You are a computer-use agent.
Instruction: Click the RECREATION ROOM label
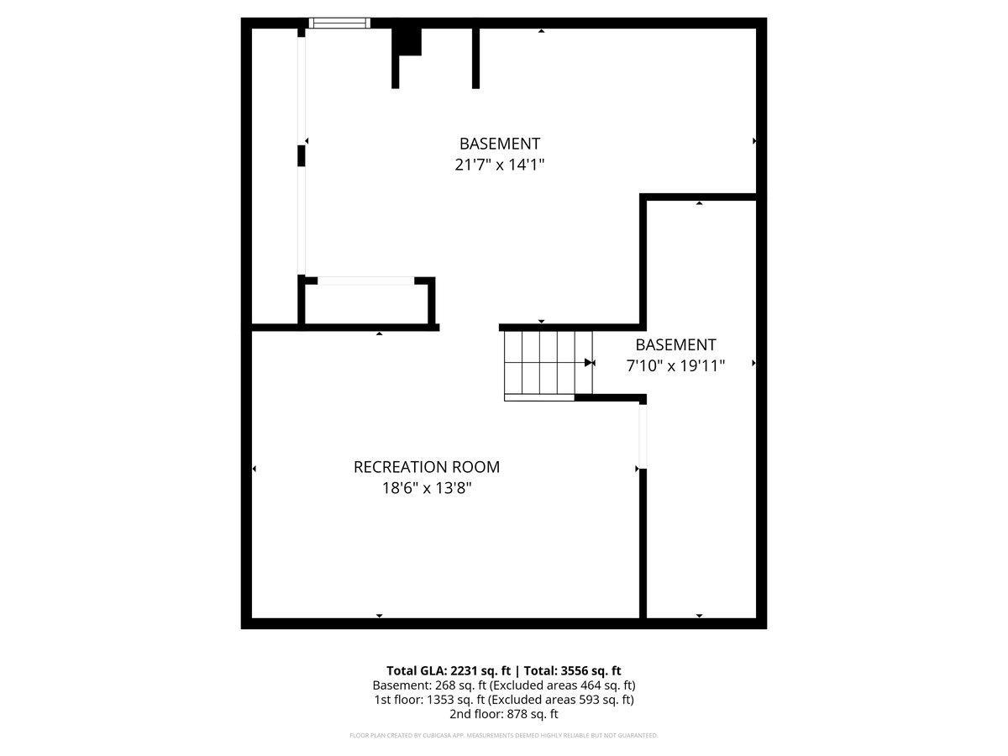click(426, 467)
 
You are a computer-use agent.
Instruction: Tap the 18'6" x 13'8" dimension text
click(426, 488)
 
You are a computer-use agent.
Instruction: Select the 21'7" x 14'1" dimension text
click(500, 165)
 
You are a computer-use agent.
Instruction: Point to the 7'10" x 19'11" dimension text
click(675, 365)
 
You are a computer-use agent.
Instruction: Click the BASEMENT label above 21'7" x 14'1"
click(500, 144)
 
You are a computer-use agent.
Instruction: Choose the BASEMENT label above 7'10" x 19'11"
click(675, 344)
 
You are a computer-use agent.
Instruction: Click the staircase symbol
click(546, 365)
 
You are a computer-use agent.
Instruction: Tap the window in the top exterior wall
click(339, 24)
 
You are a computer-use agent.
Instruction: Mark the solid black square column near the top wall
click(408, 41)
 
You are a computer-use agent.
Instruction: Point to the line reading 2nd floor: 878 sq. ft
click(503, 714)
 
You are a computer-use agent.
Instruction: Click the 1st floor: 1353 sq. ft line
click(503, 700)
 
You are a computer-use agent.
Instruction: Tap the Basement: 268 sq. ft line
click(503, 685)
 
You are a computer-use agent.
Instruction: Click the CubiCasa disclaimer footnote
click(503, 736)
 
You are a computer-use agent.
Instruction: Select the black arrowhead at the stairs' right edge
click(589, 363)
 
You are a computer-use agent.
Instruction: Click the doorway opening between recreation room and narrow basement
click(643, 437)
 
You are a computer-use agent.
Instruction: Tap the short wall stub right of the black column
click(475, 57)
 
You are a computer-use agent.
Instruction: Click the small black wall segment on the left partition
click(301, 156)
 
